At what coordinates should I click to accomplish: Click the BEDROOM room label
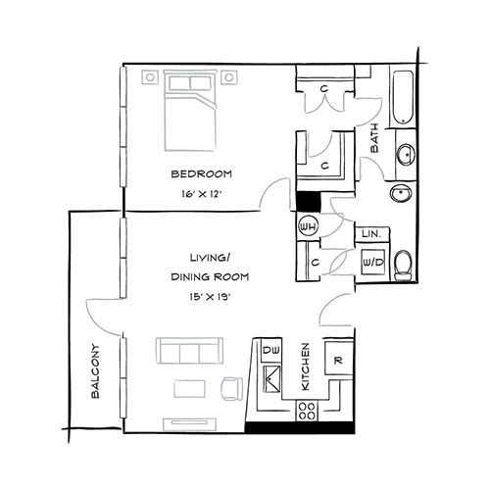[x=201, y=174]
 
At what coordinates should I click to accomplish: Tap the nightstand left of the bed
[x=150, y=75]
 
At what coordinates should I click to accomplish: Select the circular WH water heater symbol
[x=307, y=227]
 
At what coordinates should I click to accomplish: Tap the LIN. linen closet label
[x=371, y=235]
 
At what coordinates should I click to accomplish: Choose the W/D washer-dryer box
[x=371, y=263]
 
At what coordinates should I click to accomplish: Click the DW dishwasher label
[x=270, y=349]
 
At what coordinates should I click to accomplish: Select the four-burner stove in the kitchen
[x=306, y=413]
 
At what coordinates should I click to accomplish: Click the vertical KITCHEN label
[x=306, y=367]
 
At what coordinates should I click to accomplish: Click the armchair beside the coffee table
[x=231, y=389]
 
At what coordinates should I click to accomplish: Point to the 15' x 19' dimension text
[x=202, y=296]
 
